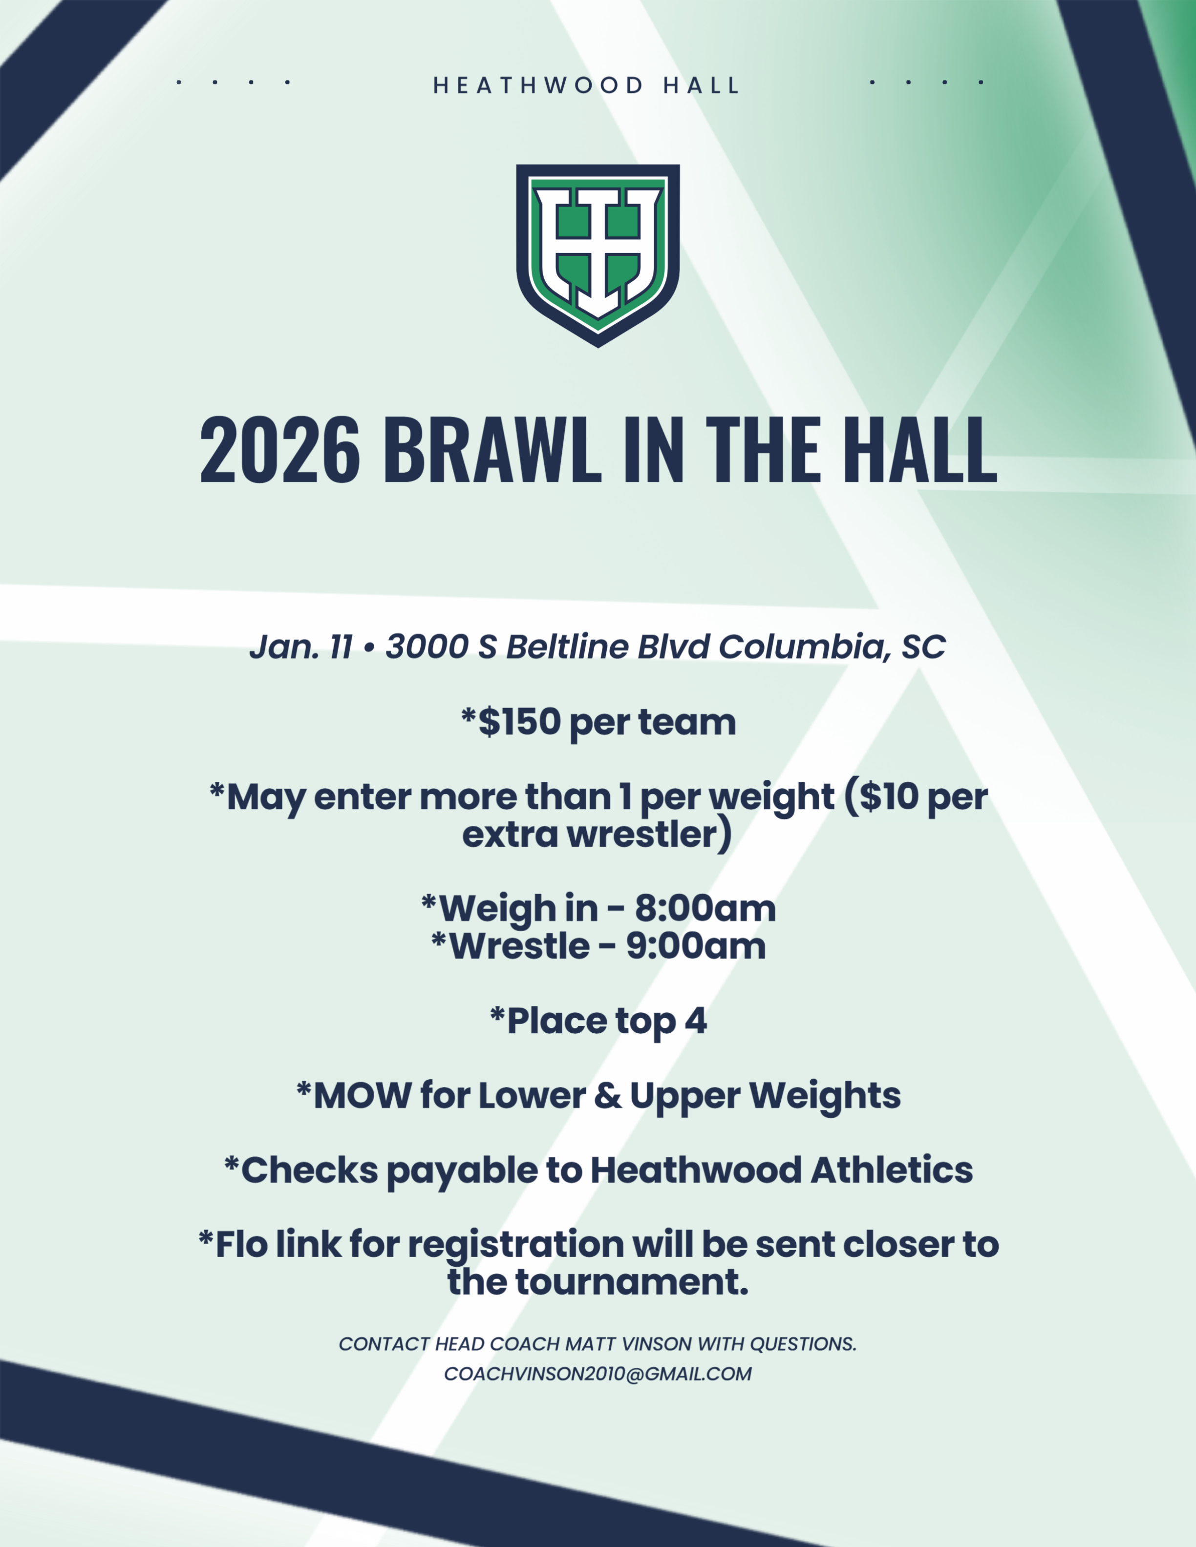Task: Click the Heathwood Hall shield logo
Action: [598, 255]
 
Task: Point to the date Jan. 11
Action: [301, 647]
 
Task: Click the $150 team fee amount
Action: [520, 722]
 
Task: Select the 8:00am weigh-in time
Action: [705, 908]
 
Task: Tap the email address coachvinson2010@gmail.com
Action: [598, 1374]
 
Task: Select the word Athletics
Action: [892, 1170]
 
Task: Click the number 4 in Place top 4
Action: [695, 1021]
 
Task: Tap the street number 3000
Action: [427, 647]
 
